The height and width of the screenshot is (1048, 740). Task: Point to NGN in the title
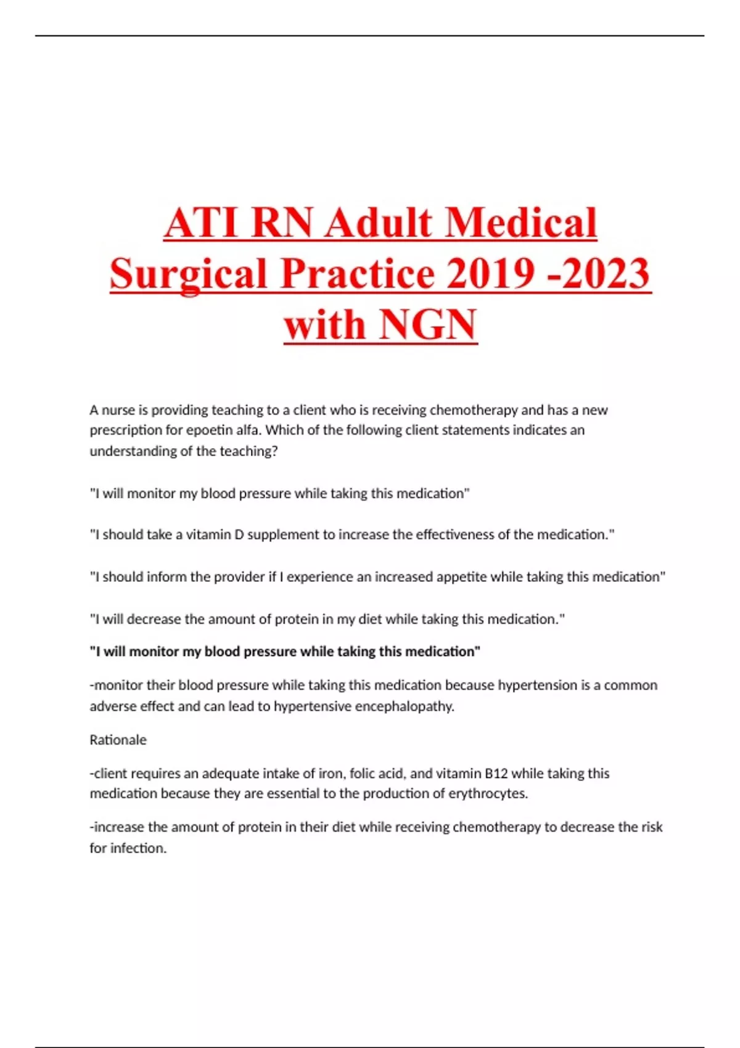click(x=428, y=325)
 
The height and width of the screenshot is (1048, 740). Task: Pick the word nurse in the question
click(x=118, y=410)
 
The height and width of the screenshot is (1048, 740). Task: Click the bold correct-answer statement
click(x=285, y=652)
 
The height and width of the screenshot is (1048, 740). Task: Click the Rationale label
click(x=118, y=740)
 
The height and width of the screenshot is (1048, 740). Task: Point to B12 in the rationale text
click(x=496, y=773)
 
